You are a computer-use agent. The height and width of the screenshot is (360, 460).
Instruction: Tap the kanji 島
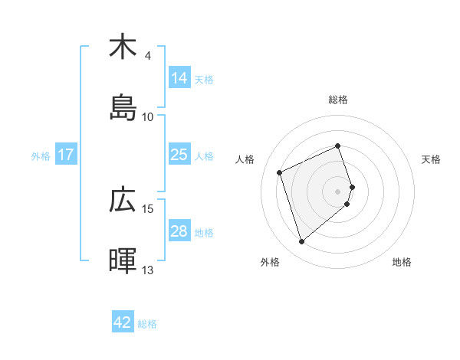(123, 107)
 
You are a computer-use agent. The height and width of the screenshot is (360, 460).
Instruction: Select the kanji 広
(123, 199)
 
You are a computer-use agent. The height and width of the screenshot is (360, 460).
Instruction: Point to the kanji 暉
(123, 260)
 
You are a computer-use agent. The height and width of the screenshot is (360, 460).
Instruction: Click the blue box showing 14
(179, 78)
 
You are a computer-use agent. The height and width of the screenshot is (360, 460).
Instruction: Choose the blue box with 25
(179, 155)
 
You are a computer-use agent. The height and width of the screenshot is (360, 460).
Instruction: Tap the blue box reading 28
(179, 231)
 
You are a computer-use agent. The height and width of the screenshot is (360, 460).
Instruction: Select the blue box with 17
(66, 155)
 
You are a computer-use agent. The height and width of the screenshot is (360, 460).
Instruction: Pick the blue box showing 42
(123, 322)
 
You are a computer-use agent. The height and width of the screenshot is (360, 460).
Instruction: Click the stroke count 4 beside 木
(147, 56)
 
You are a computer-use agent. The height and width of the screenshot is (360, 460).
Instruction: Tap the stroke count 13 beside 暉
(148, 270)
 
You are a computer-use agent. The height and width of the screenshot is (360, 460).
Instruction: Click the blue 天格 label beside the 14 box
(203, 79)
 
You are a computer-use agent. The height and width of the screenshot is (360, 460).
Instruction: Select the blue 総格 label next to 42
(147, 323)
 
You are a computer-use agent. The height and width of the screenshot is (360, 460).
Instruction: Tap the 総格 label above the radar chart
(338, 100)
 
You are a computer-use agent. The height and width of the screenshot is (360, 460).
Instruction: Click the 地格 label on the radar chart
(402, 262)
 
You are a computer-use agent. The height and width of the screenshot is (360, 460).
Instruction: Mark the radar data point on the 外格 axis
(301, 242)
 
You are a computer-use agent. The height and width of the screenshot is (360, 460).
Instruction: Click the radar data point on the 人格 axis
(281, 172)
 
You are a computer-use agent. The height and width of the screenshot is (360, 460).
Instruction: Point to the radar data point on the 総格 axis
(338, 146)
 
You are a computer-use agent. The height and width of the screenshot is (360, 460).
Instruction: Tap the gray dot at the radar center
(338, 190)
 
